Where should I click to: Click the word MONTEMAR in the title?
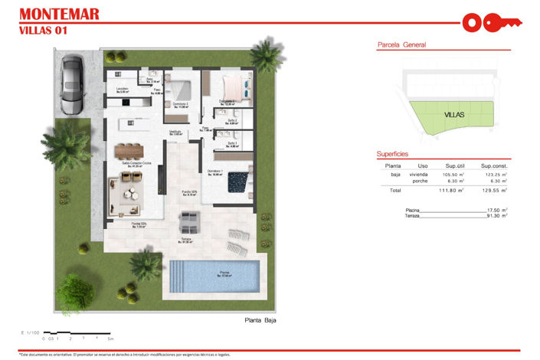click(x=58, y=14)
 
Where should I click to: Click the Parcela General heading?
click(x=401, y=45)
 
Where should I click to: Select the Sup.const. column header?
click(x=494, y=165)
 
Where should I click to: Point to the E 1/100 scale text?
click(x=32, y=332)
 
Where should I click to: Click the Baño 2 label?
click(x=232, y=121)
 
